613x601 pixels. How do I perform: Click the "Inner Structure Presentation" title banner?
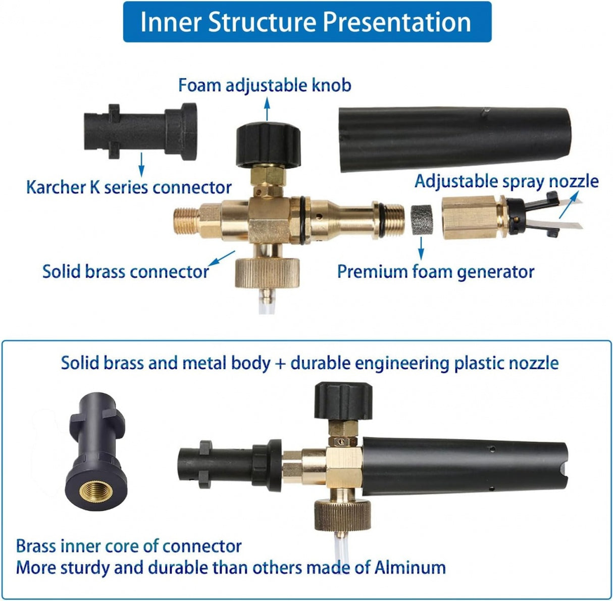click(307, 22)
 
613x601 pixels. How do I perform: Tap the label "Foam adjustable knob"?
click(265, 86)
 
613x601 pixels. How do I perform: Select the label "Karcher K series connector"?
click(129, 187)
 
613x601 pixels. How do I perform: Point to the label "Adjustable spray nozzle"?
click(506, 182)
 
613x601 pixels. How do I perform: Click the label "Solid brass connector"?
click(126, 272)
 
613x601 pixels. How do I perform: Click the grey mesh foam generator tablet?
click(422, 220)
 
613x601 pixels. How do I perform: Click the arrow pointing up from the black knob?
click(267, 109)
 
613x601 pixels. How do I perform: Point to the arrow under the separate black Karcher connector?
click(141, 165)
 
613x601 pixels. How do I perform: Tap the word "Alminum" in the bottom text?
click(410, 567)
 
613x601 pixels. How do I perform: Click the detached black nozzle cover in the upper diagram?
click(454, 139)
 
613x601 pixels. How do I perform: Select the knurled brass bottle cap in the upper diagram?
click(267, 273)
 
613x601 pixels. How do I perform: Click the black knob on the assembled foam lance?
click(343, 401)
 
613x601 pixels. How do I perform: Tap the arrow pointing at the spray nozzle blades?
click(569, 206)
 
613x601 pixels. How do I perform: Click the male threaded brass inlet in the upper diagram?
click(187, 220)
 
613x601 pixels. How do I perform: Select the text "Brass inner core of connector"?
click(129, 546)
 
